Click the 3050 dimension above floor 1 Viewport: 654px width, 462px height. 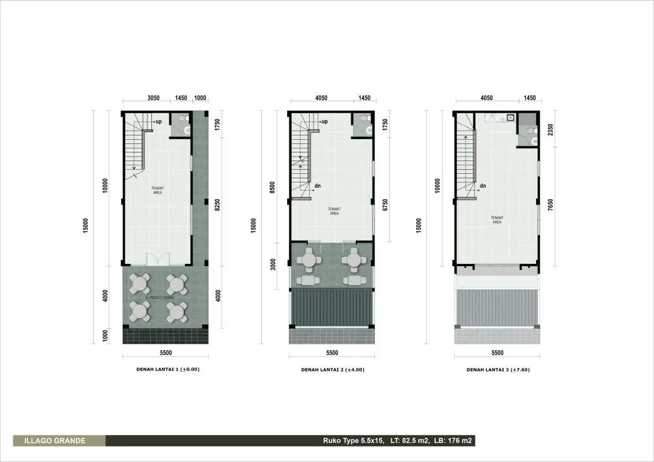coord(154,98)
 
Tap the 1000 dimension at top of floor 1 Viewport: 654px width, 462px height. coord(200,98)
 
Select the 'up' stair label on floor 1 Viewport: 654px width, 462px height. coord(158,122)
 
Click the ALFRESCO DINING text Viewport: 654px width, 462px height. coord(160,297)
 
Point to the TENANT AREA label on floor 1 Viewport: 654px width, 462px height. coord(158,190)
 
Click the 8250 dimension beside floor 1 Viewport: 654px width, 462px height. coord(217,205)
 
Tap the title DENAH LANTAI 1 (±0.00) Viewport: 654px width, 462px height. coord(168,369)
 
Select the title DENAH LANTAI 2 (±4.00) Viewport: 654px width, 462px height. coord(333,370)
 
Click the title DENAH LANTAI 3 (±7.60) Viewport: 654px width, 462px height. coord(498,370)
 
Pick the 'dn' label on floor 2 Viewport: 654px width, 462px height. coord(318,185)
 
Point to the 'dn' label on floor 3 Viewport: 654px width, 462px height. coord(483,185)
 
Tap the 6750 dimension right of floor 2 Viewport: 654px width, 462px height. coord(385,205)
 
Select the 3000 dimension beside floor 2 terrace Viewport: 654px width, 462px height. coord(273,264)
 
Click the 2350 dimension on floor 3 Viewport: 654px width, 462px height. coord(551,129)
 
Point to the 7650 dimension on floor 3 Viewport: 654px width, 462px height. coord(551,205)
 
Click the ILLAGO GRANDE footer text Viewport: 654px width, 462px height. coord(55,441)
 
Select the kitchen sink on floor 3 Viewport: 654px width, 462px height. coord(511,118)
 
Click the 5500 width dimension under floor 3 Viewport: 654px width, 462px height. coord(497,353)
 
